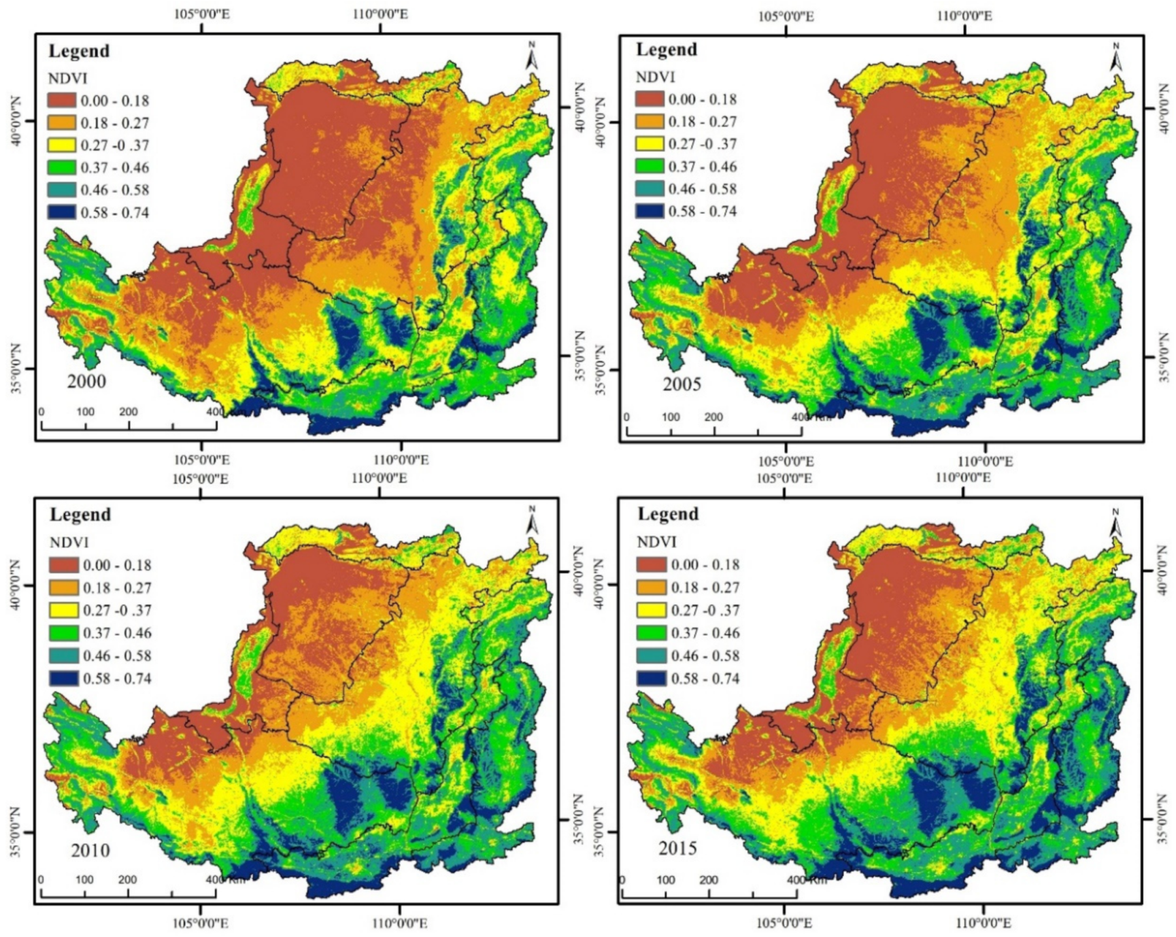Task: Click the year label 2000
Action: coord(86,381)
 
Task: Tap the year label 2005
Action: coord(682,384)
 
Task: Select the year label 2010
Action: coord(90,850)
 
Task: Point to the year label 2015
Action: coord(677,848)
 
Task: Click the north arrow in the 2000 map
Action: coord(532,56)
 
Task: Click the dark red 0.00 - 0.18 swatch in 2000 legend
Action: coord(61,101)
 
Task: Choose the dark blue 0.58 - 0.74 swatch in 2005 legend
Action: coord(650,211)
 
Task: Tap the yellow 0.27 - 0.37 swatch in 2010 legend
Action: coord(63,610)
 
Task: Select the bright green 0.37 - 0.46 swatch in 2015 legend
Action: coord(651,633)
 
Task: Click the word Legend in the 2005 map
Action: coord(666,50)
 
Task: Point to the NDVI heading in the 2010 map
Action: coord(69,543)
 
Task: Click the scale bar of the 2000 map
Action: coord(129,426)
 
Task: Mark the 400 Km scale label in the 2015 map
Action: coord(807,880)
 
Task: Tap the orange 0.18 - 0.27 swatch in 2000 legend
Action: coord(61,123)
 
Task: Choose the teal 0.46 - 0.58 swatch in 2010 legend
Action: coord(63,655)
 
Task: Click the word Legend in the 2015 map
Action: coord(667,514)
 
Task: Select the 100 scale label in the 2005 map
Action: coord(671,417)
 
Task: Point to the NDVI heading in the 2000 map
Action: coord(67,79)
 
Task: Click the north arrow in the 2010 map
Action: coord(532,522)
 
